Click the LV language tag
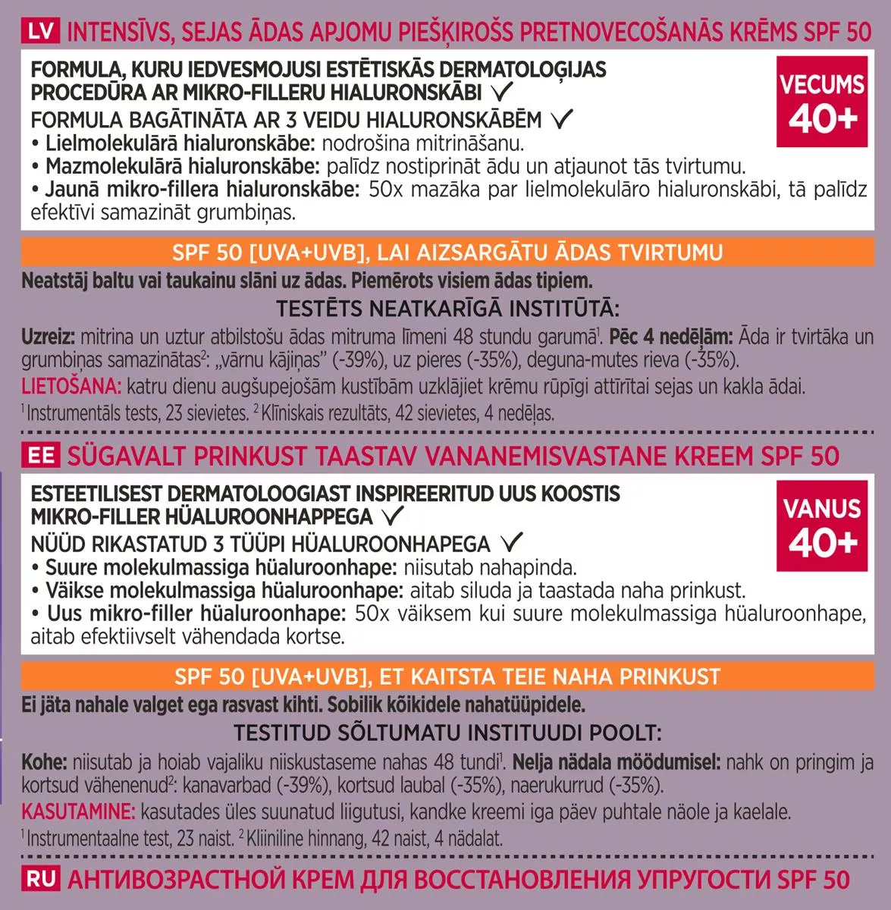tap(39, 33)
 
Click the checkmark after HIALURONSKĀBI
tap(502, 93)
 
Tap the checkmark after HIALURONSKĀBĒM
tap(562, 119)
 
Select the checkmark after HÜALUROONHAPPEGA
tap(393, 517)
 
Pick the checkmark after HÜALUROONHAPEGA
tap(512, 543)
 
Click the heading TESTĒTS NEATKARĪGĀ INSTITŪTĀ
tap(447, 309)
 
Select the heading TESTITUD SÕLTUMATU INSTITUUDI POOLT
tap(447, 733)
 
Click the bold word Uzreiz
tap(48, 337)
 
